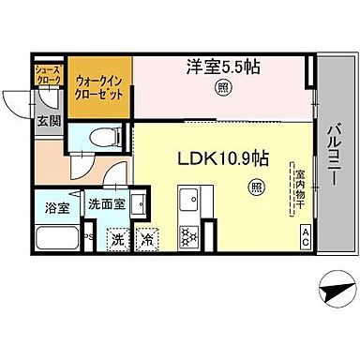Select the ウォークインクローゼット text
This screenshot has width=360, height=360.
tap(97, 88)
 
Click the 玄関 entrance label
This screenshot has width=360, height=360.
tap(49, 120)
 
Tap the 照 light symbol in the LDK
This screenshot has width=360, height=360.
tap(255, 187)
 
